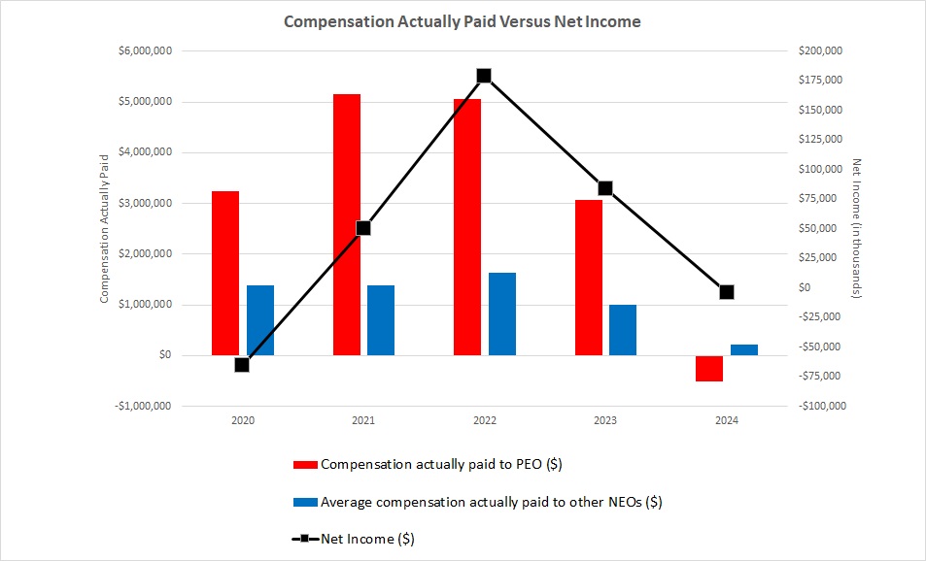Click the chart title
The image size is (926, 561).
click(462, 21)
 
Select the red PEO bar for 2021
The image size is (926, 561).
click(346, 224)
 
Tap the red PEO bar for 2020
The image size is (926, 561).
click(225, 273)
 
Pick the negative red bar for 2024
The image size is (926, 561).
click(709, 368)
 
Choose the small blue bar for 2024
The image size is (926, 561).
click(743, 349)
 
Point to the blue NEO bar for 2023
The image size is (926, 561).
click(623, 330)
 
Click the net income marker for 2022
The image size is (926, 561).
click(484, 76)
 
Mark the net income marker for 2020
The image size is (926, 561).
click(242, 365)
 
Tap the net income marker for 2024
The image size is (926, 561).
click(726, 292)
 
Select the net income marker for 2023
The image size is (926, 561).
click(605, 188)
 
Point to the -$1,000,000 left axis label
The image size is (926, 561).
click(145, 406)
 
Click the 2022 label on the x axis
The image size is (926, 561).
click(484, 421)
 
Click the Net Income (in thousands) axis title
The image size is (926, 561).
click(856, 228)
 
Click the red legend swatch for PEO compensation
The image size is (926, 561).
click(305, 465)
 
